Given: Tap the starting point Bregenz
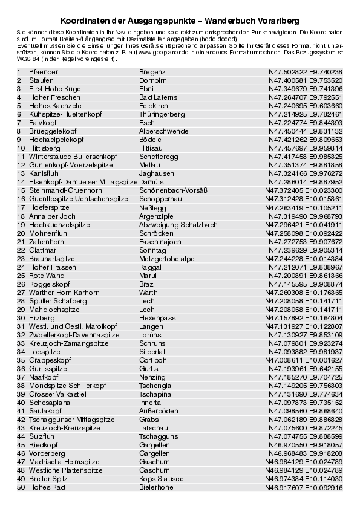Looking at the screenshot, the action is pos(152,72).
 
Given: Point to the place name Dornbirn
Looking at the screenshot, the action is pos(153,80).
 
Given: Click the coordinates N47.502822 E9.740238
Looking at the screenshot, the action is pos(306,72).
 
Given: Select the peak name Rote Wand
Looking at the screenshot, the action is pos(47,276).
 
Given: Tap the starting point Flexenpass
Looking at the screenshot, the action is pos(157,318).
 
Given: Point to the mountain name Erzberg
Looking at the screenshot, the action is pos(42,318).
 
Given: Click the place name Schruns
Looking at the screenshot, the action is pos(152,343).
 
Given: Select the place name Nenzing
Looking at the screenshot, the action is pos(152,377).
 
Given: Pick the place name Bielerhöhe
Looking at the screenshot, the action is pos(156,487).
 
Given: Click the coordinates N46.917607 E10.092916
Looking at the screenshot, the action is pos(304,487).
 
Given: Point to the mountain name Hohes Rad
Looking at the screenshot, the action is pos(47,487).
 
